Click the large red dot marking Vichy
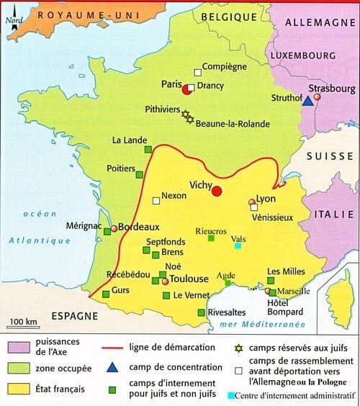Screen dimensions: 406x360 click(x=217, y=189)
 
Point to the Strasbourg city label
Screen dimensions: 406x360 click(x=332, y=89)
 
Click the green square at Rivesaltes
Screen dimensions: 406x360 click(x=201, y=312)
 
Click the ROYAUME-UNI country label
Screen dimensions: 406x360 click(x=73, y=15)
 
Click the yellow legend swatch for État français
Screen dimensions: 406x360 click(x=17, y=389)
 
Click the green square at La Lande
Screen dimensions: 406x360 click(x=148, y=149)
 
